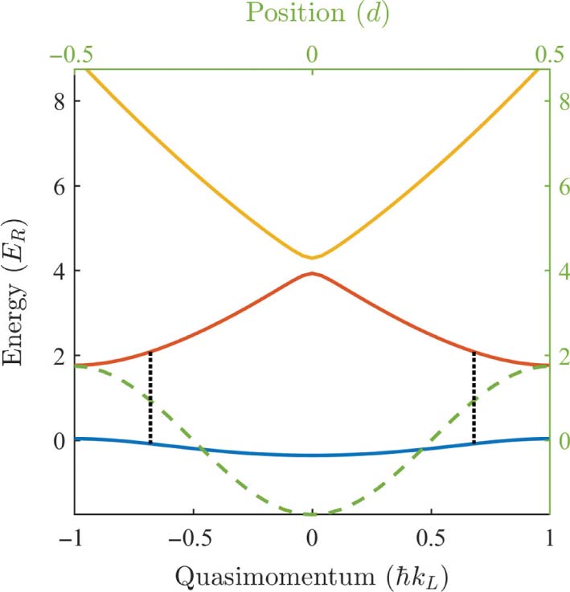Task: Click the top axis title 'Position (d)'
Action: click(x=312, y=14)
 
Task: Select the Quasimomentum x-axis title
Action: click(x=312, y=574)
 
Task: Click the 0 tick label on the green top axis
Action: click(x=313, y=54)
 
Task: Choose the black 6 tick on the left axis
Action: click(x=57, y=186)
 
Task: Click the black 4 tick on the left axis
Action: click(x=57, y=271)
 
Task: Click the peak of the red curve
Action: click(x=313, y=274)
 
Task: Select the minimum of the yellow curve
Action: click(x=313, y=257)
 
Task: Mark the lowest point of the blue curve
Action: click(x=313, y=455)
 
